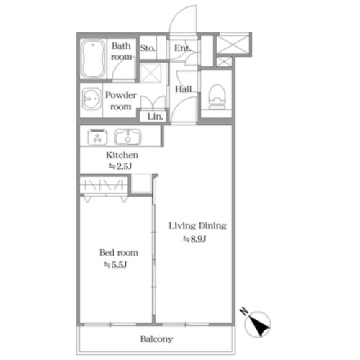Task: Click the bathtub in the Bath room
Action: pos(93,59)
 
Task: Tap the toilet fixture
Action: pos(217,96)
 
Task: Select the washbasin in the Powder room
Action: pos(91,99)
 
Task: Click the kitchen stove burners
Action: pos(97,137)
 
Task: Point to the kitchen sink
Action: pos(127,137)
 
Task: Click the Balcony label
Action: pos(156,339)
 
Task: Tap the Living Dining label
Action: pos(197,226)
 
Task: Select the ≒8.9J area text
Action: pos(194,239)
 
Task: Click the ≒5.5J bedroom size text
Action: pos(115,265)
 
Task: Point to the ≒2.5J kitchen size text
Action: pos(120,166)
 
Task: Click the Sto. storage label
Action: pos(148,48)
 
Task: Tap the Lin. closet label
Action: pos(155,117)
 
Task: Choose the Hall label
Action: pos(184,89)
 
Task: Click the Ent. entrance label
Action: pos(183,48)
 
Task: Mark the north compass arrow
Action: pos(258,325)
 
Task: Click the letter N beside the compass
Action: pos(244,311)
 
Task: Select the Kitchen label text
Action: pos(122,156)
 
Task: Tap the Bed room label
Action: pos(119,253)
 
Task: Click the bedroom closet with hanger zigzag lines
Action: pos(104,185)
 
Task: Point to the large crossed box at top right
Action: pos(233,45)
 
